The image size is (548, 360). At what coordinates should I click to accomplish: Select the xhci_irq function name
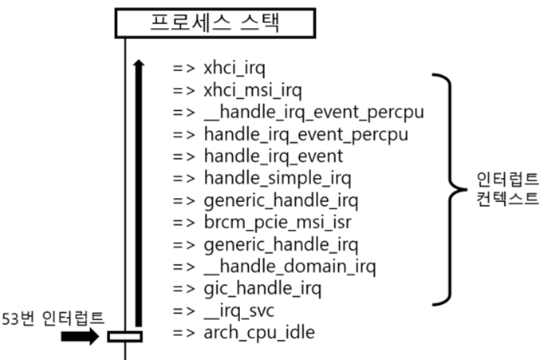point(229,68)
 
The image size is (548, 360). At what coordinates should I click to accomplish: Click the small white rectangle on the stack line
point(124,336)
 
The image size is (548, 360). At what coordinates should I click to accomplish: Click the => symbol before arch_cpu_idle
point(183,331)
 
